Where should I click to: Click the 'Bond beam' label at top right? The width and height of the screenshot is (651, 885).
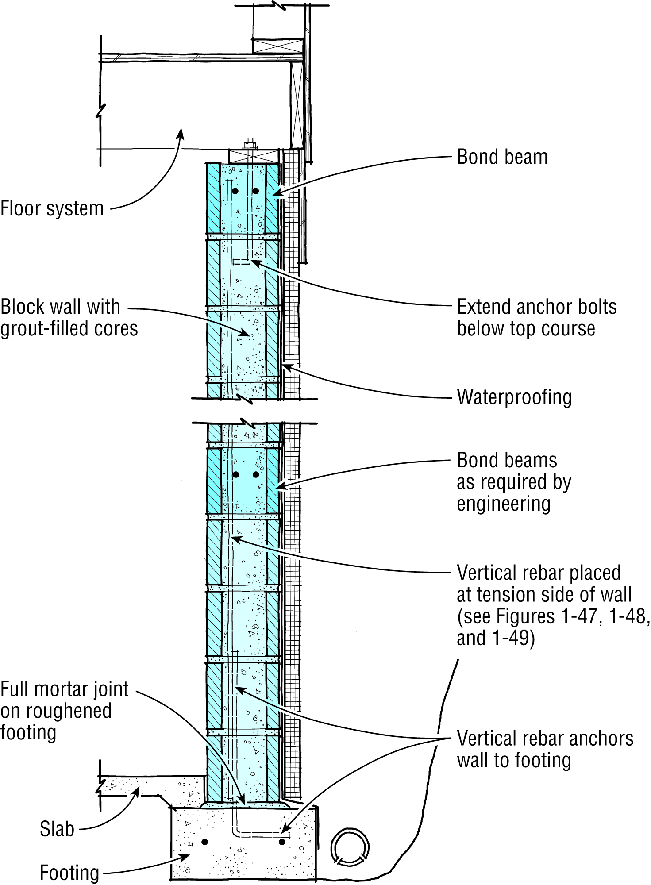502,157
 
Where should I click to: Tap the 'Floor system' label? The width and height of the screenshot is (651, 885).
52,208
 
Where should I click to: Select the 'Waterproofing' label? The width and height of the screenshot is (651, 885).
514,397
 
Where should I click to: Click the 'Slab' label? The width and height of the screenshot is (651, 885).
57,829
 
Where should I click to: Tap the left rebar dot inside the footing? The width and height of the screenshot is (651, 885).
204,842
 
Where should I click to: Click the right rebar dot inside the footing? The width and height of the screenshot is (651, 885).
282,842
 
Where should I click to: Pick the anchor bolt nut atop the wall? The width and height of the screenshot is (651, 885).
250,144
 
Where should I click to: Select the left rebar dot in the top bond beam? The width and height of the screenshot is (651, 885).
235,191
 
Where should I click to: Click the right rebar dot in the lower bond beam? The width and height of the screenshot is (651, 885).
256,474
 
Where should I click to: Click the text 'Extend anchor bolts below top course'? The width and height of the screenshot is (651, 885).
536,318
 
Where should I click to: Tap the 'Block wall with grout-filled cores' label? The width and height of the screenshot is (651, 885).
69,318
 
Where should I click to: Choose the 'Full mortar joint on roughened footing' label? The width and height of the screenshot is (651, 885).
64,711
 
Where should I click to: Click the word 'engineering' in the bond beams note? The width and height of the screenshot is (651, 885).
504,504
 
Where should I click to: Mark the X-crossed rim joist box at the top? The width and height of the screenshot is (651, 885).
278,46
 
